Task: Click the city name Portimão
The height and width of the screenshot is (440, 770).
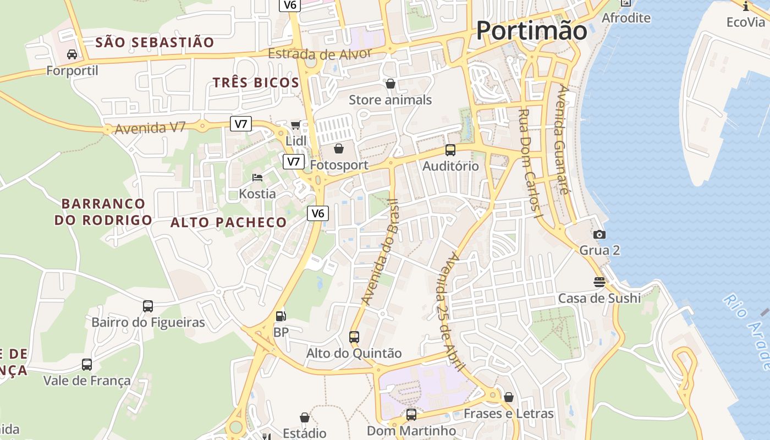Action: [531, 30]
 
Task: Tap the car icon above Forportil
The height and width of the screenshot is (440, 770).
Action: [72, 54]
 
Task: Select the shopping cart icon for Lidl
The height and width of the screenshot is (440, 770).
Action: [296, 125]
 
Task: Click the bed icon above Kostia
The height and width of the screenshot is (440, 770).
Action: [257, 177]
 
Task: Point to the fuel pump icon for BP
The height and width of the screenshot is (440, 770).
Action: [280, 316]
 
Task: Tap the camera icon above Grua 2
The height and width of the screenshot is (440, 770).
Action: [599, 234]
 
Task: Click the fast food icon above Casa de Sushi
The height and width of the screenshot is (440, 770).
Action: [599, 282]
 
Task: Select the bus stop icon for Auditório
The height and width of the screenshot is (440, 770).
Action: [450, 150]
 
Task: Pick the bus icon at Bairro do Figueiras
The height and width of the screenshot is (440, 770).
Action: [148, 306]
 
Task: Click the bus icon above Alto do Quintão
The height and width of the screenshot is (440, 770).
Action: [354, 337]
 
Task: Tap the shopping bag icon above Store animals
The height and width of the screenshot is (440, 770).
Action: [391, 84]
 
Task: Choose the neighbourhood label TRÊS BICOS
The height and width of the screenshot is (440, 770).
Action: [256, 83]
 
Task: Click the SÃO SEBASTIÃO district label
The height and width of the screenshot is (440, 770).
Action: [155, 42]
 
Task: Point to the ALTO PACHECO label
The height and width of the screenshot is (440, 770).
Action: [228, 222]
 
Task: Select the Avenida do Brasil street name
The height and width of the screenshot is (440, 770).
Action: [380, 252]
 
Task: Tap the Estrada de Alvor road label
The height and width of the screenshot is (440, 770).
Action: [320, 54]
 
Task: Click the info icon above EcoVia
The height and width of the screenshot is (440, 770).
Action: [746, 6]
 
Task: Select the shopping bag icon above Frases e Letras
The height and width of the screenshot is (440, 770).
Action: [509, 397]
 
